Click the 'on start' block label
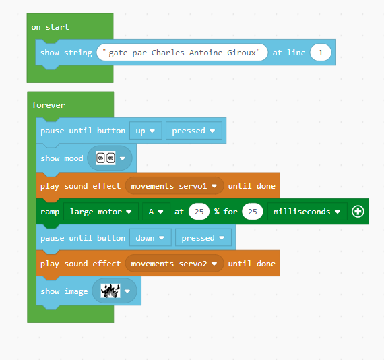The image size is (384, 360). (x=51, y=27)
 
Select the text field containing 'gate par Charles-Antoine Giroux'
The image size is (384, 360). (x=182, y=53)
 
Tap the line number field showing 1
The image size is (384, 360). (x=320, y=53)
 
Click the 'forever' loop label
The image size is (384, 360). (x=49, y=105)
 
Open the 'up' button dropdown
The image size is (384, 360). (x=146, y=131)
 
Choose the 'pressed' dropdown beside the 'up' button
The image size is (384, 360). (x=194, y=131)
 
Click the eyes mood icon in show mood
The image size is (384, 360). (x=106, y=158)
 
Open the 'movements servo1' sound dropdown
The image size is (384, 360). (x=174, y=186)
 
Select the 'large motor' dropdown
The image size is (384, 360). (x=101, y=212)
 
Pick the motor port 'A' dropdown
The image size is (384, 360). (x=156, y=212)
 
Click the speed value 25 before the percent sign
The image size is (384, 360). (x=199, y=212)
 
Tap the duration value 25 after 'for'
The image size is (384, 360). (x=252, y=212)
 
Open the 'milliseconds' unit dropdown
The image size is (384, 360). (x=307, y=212)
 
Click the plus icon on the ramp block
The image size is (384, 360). (x=358, y=212)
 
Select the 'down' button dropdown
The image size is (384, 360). (x=150, y=238)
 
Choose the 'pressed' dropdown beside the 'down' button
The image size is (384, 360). (x=203, y=238)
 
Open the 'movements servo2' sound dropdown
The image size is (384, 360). (x=174, y=264)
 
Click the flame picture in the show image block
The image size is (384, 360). (x=110, y=291)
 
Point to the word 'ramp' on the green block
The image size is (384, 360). (x=50, y=212)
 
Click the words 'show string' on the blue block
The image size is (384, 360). (x=67, y=53)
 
